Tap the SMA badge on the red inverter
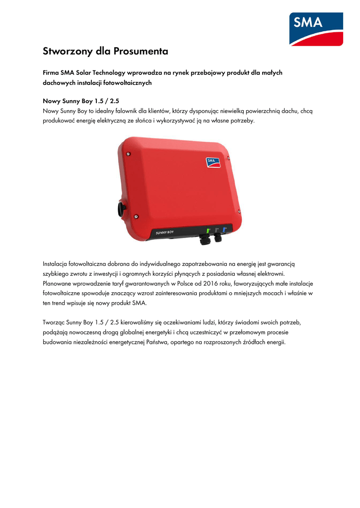214,162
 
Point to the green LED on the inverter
208,230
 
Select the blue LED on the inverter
224,230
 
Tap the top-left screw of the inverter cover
128,154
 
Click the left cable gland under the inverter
204,241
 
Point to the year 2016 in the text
203,283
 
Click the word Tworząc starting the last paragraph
55,322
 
